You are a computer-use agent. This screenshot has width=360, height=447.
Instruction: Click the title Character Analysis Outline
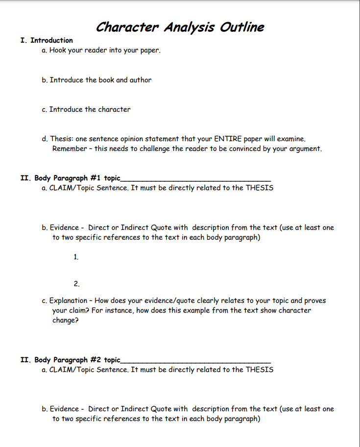coord(180,26)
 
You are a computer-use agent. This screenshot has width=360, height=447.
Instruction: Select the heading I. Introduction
coord(47,40)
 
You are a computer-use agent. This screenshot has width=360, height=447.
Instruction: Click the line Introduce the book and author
coord(100,80)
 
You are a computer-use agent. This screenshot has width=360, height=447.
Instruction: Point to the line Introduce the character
coord(90,109)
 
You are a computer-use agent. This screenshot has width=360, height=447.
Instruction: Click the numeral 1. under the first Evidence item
coord(76,257)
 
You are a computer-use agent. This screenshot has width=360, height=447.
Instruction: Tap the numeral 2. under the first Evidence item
coord(76,284)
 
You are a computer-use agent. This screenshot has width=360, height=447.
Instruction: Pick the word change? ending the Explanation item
coord(66,320)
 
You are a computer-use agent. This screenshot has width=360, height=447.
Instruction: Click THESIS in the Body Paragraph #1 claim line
coord(259,188)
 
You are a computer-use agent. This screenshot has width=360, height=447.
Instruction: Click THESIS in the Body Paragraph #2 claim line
coord(259,370)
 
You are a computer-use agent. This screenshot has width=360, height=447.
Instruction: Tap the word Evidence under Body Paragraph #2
coord(64,409)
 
